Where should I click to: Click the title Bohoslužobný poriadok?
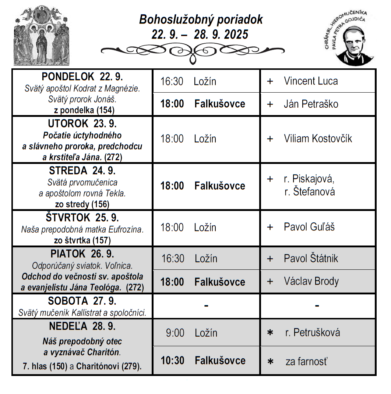pos(201,20)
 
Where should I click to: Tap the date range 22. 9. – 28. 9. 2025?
pos(200,35)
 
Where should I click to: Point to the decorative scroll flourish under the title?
pos(192,51)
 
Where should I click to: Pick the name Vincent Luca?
pos(310,81)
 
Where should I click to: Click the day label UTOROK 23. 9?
pos(82,123)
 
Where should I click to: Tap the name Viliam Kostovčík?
pos(317,139)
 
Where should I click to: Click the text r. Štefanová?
pos(309,191)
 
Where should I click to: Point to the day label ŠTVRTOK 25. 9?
pos(82,218)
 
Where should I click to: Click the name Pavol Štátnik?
pos(310,258)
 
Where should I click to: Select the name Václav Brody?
pos(311,282)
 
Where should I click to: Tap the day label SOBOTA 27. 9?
pos(82,301)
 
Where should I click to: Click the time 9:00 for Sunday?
pos(175,333)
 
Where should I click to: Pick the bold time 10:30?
pos(172,360)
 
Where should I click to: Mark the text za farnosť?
pos(306,362)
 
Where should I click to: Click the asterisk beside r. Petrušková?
pos(270,333)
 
